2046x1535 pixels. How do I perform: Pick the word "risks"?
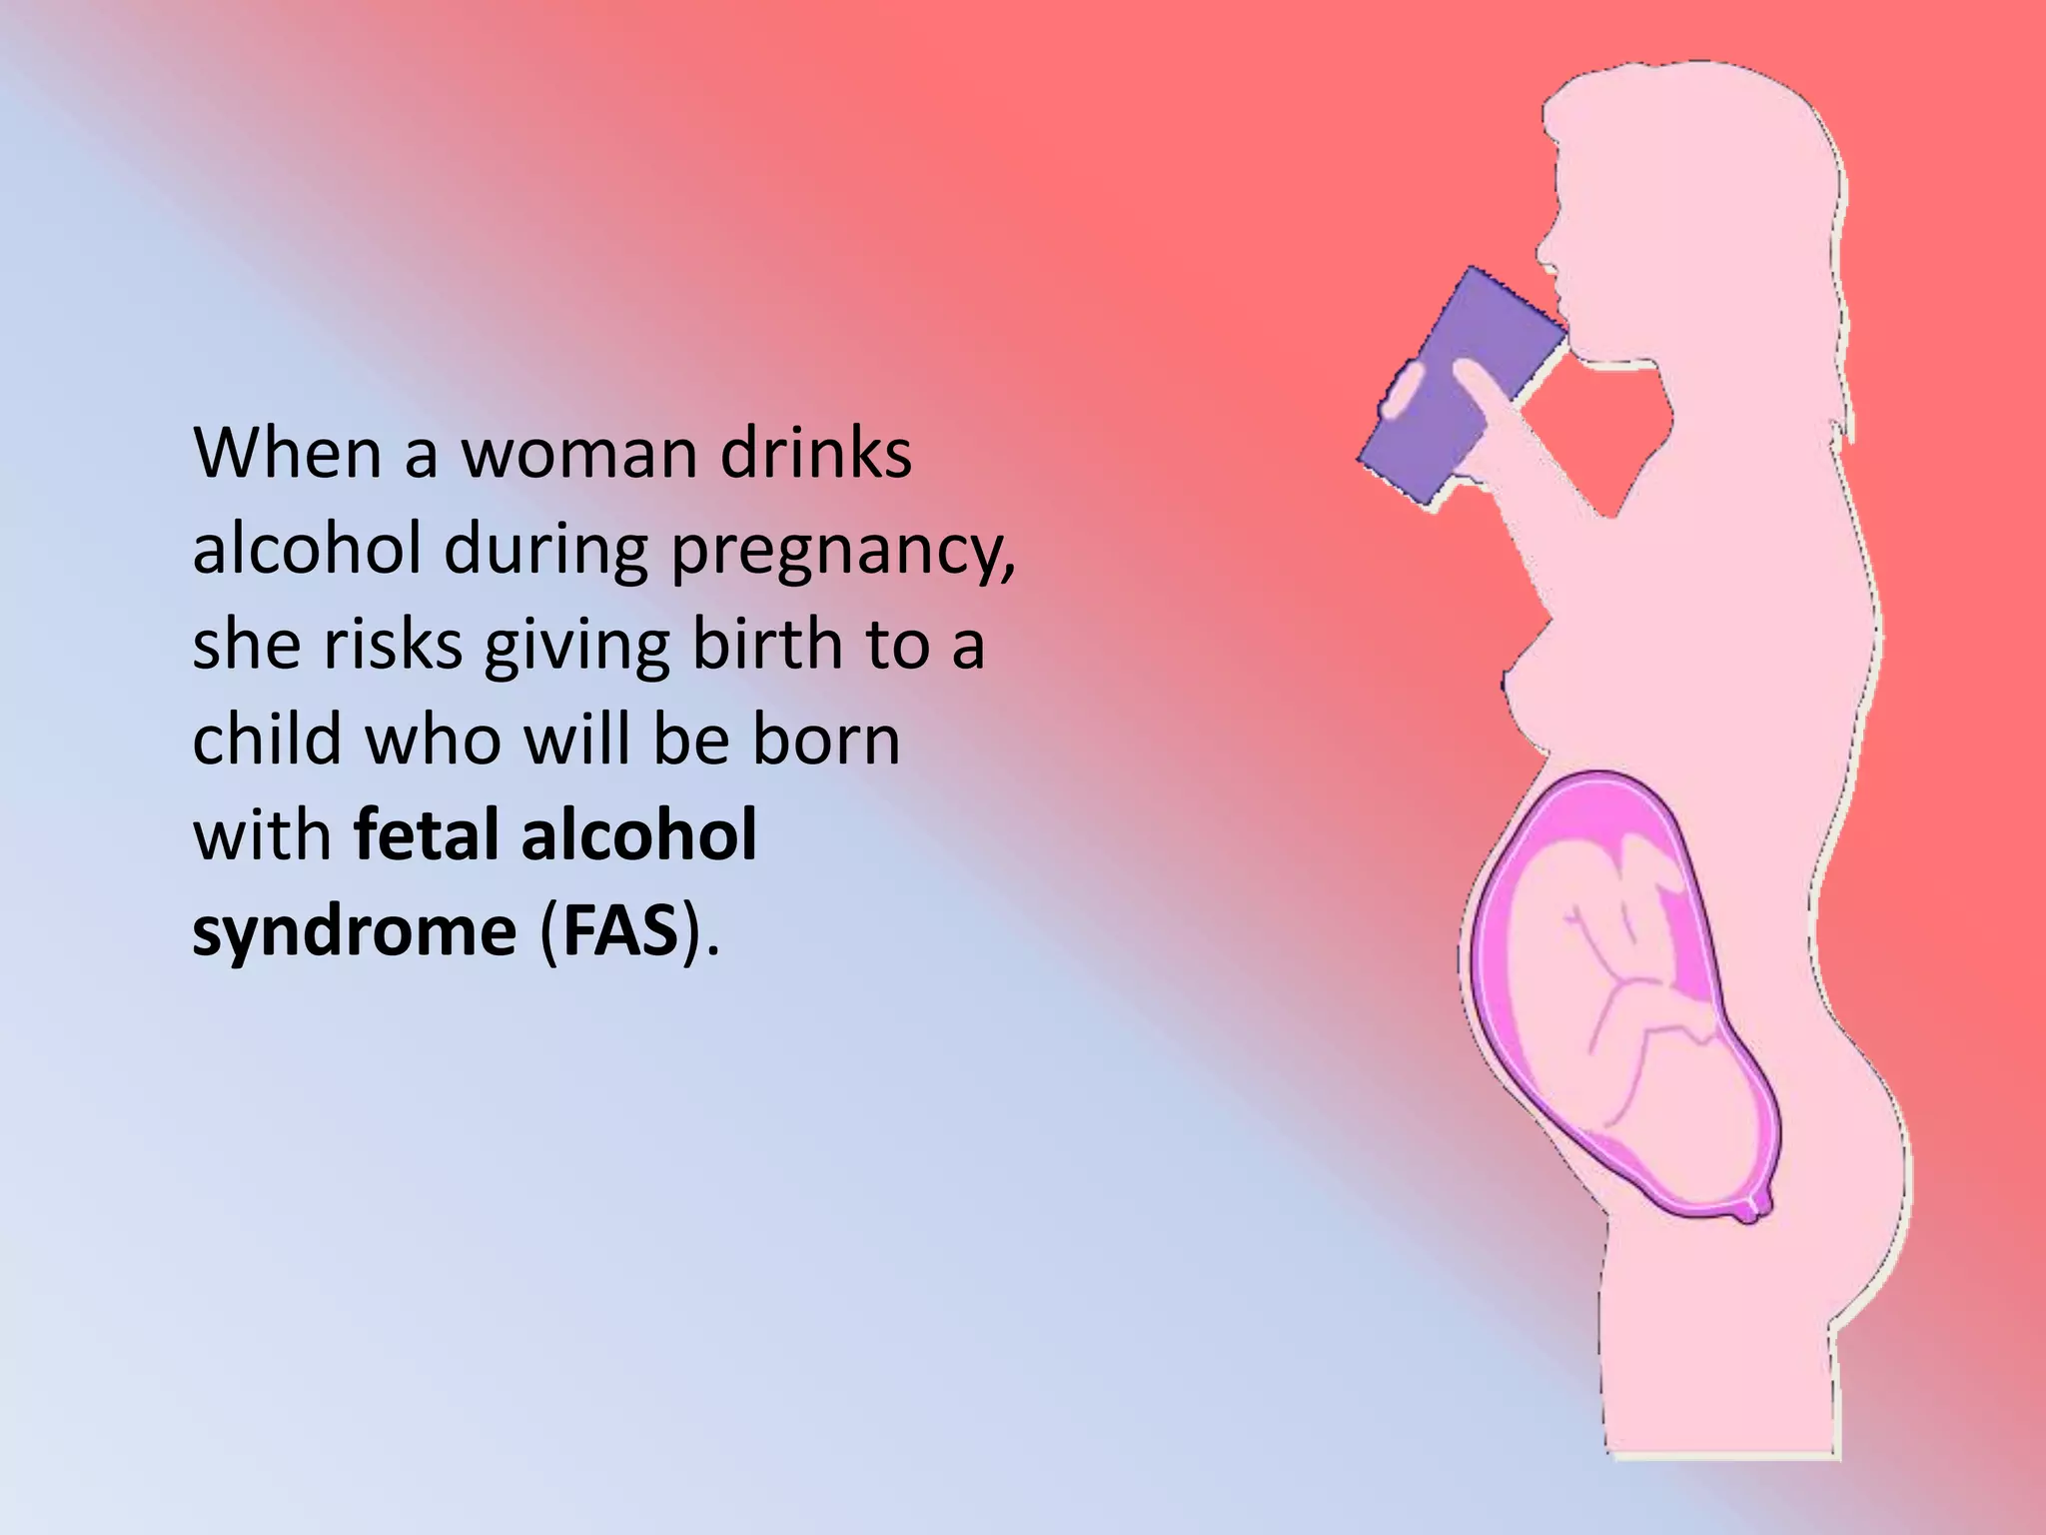coord(393,644)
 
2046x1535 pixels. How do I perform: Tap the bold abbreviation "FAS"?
coord(620,931)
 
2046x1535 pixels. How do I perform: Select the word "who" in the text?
coord(432,740)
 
